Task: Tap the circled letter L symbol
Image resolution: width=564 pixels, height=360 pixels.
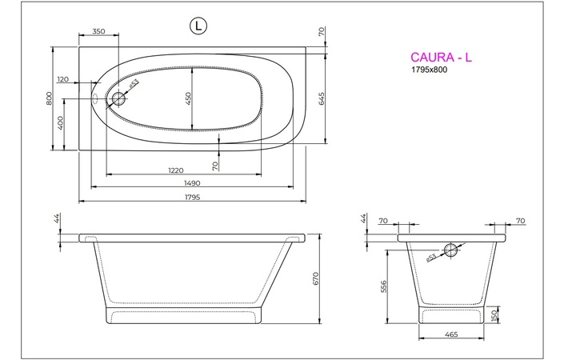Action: tap(198, 26)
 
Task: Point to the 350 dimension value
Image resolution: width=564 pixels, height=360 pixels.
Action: tap(98, 31)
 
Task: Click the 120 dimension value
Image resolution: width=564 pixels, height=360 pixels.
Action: tap(64, 79)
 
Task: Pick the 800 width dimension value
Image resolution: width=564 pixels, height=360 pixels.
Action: tap(50, 99)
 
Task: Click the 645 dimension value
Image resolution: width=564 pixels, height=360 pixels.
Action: tap(322, 98)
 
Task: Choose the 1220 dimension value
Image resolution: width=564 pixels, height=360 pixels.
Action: tap(177, 170)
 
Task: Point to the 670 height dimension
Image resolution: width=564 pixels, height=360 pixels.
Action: tap(316, 278)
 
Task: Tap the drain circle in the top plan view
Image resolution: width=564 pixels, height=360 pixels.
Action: tap(119, 99)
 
